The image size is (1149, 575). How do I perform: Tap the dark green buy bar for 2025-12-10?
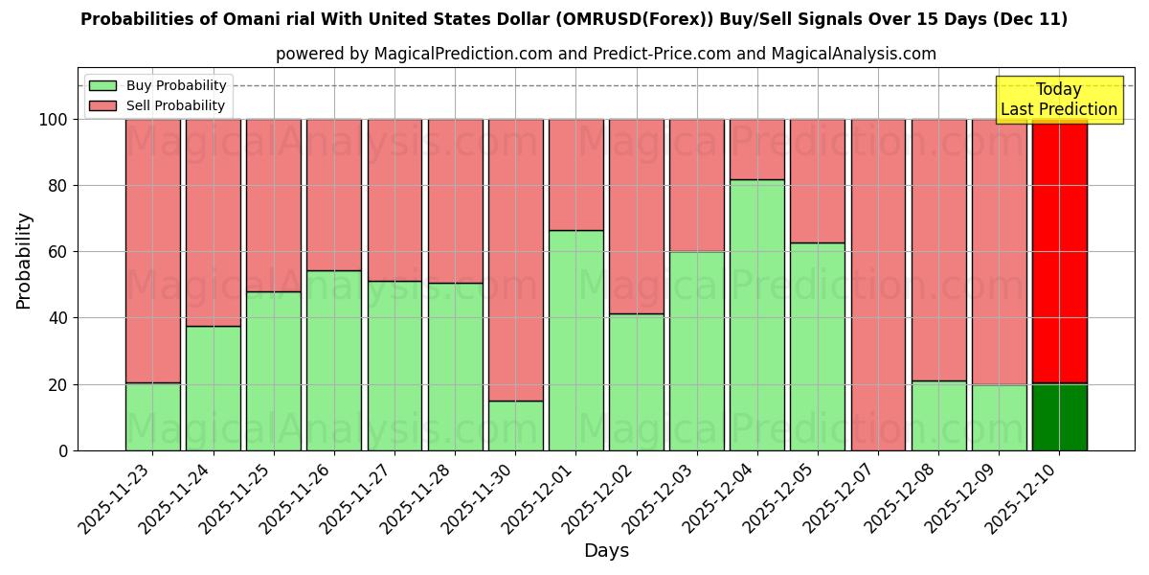tap(1059, 417)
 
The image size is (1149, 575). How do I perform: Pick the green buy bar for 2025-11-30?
tap(515, 425)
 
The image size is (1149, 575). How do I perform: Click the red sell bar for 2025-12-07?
tap(878, 285)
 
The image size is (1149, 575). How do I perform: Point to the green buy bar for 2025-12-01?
tap(575, 340)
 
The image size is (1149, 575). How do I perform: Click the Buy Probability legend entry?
tap(158, 86)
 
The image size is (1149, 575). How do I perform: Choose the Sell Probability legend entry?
tap(158, 106)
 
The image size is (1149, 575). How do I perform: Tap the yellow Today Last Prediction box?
tap(1058, 100)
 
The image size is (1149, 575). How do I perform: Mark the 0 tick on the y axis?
tap(64, 450)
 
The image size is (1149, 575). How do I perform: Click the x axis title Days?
tap(606, 551)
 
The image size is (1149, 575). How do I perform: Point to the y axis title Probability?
tap(25, 261)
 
